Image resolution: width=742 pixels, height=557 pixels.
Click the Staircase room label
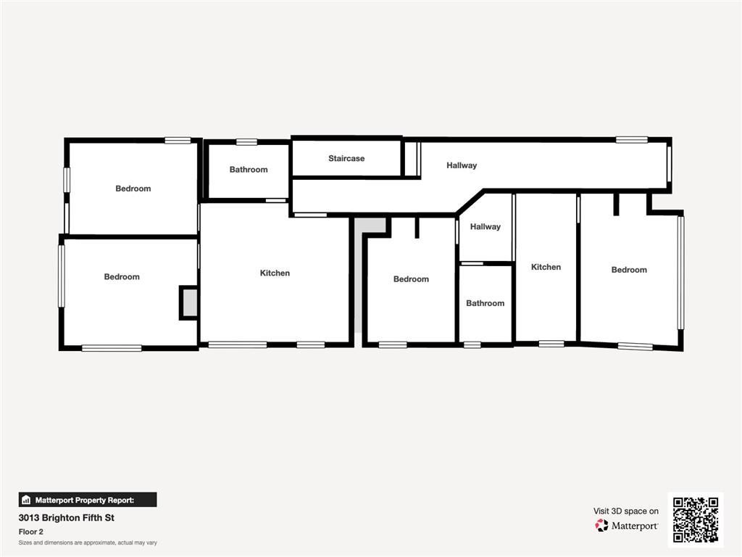click(x=346, y=158)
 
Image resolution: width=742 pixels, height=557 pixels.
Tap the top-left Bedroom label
click(x=133, y=189)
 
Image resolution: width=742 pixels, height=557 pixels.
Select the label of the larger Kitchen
click(x=275, y=273)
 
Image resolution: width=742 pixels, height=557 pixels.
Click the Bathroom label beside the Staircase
click(x=249, y=170)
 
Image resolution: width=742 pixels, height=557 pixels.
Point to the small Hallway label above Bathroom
click(x=485, y=227)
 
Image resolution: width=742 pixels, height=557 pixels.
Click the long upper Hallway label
click(x=462, y=165)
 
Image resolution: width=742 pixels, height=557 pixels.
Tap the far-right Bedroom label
click(x=629, y=270)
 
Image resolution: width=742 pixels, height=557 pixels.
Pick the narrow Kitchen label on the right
click(x=546, y=267)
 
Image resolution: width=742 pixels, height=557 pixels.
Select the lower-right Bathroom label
click(x=485, y=303)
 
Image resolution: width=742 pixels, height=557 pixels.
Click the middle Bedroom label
click(x=411, y=279)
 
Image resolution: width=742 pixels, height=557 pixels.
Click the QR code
click(x=695, y=519)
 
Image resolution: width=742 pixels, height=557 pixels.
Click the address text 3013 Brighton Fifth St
click(x=66, y=518)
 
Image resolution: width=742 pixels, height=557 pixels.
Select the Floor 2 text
click(x=30, y=532)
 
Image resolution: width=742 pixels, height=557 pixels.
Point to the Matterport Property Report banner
click(x=88, y=500)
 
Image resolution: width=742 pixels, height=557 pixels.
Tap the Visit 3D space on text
click(x=626, y=511)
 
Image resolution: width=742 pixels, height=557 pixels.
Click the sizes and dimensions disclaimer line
click(x=88, y=542)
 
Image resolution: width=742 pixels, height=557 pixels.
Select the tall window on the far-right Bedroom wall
click(x=680, y=273)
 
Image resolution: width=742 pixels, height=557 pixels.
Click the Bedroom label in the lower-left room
click(x=122, y=277)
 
